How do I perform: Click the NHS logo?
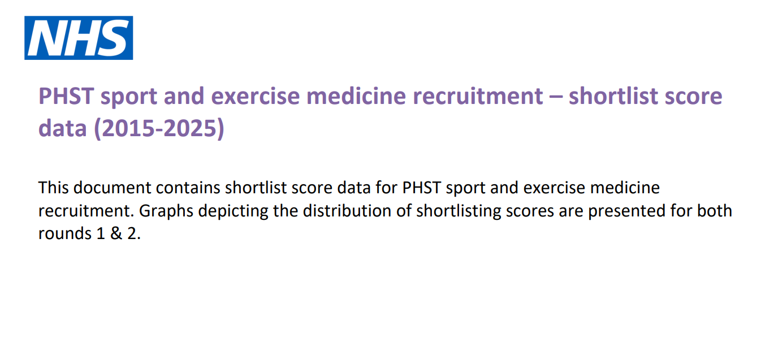click(x=79, y=38)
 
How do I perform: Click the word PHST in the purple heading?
click(x=66, y=96)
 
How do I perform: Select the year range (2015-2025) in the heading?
click(x=159, y=128)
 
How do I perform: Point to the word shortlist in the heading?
click(x=613, y=96)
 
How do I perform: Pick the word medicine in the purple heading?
click(x=356, y=96)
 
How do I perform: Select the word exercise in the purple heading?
click(x=256, y=96)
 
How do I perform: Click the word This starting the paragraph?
click(x=53, y=188)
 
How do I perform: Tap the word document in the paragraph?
click(x=112, y=188)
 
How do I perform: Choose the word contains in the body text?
click(x=188, y=188)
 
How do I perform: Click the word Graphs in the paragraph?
click(x=166, y=211)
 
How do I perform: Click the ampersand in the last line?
click(x=116, y=233)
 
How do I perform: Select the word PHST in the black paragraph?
click(x=421, y=188)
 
